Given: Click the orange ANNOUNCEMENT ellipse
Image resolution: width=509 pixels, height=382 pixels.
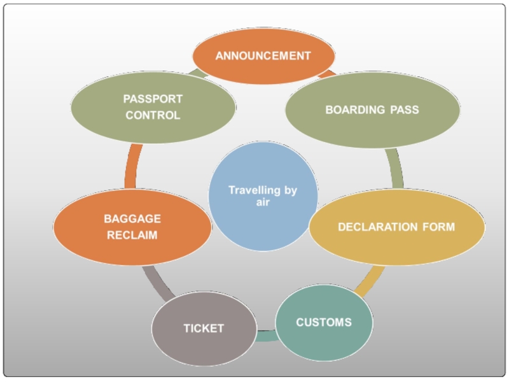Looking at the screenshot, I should (263, 56).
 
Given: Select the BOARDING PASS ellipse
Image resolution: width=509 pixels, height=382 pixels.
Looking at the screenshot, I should (372, 110).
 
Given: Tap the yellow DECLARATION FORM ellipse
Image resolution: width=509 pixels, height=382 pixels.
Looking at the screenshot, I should (396, 227).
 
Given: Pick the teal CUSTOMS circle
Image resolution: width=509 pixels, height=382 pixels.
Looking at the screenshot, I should (323, 322).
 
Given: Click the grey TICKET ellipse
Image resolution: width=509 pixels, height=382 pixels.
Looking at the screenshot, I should (204, 329).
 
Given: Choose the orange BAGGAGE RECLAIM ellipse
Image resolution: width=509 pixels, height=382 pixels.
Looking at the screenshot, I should (132, 227).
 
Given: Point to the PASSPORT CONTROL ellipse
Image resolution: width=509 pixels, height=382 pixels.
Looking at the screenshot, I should (153, 107).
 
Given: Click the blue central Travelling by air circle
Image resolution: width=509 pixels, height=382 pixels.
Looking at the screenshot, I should (263, 195).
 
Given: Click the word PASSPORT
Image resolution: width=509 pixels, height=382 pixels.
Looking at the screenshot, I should (153, 99).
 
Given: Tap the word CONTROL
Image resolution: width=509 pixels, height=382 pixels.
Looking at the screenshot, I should (153, 116).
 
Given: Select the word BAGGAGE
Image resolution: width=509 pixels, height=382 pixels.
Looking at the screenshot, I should (132, 219).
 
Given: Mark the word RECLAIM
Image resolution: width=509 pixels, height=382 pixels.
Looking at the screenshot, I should (132, 236).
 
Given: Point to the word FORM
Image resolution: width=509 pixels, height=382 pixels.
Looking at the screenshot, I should (441, 227).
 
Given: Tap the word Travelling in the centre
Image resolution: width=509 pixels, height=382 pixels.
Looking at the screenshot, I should (253, 190).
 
